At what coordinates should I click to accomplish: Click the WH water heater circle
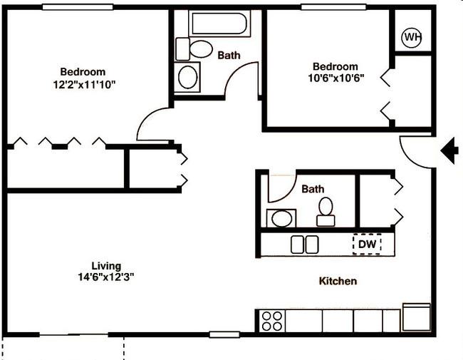click(412, 38)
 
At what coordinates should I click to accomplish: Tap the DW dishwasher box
click(367, 244)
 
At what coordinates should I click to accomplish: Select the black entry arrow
click(449, 150)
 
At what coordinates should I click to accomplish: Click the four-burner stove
click(272, 321)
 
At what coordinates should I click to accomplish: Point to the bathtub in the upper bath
click(219, 24)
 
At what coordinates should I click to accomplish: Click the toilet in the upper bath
click(194, 49)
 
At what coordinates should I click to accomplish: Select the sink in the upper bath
click(187, 77)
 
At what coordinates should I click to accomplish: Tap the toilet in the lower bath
click(326, 212)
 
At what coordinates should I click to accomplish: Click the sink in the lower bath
click(281, 218)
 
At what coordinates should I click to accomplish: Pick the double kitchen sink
click(304, 245)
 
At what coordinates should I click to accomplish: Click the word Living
click(106, 266)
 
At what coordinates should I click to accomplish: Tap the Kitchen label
click(338, 281)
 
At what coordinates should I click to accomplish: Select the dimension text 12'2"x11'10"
click(84, 85)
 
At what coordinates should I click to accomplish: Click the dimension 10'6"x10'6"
click(336, 78)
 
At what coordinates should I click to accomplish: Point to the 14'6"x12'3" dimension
click(106, 277)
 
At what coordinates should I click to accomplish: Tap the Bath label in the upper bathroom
click(229, 56)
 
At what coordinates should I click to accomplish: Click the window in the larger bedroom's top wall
click(78, 7)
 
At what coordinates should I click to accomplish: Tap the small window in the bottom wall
click(224, 334)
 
